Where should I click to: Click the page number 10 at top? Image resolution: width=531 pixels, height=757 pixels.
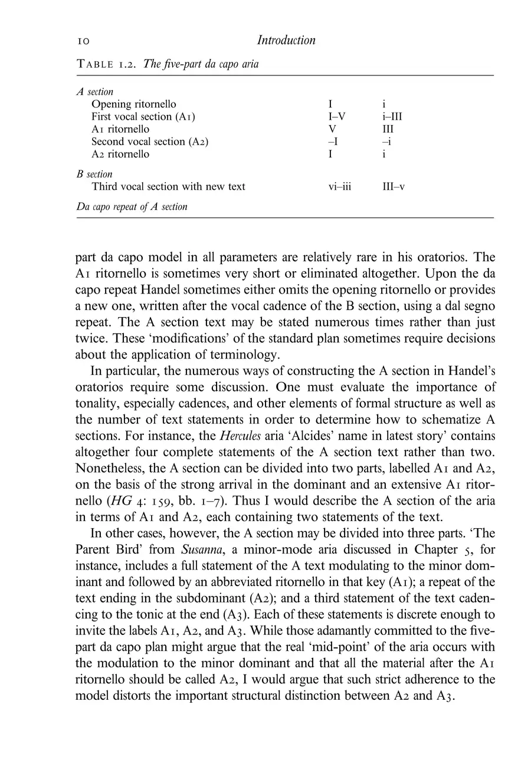83,41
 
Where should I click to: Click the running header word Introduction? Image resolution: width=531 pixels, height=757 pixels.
286,40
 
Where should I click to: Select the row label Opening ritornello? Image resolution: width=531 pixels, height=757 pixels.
133,104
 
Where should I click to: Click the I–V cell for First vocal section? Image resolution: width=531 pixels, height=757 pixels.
336,117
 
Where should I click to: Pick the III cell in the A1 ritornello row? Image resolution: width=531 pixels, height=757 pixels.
388,129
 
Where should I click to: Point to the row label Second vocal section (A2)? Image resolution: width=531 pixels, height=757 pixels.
150,141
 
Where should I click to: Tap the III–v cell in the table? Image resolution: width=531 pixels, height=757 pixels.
394,187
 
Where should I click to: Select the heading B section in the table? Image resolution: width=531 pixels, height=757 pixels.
94,175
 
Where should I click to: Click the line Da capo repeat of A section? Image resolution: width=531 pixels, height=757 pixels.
132,207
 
